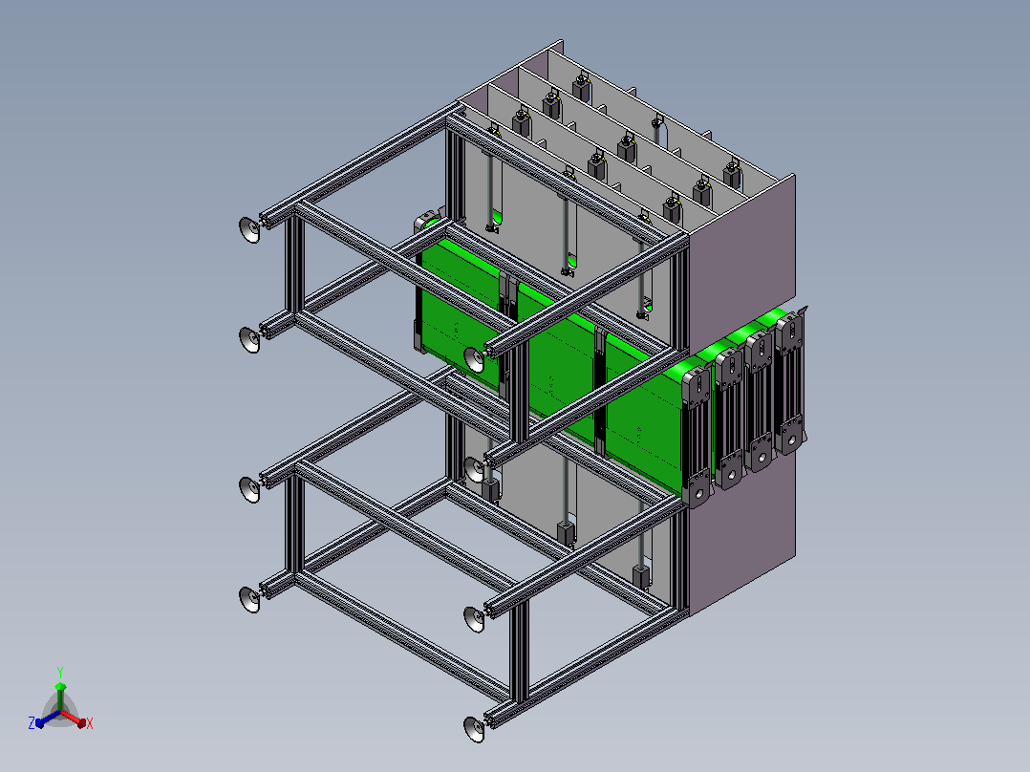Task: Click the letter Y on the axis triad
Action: pyautogui.click(x=60, y=672)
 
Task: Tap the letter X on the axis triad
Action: pyautogui.click(x=90, y=723)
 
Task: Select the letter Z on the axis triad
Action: pyautogui.click(x=32, y=722)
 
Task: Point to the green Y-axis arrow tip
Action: pyautogui.click(x=60, y=686)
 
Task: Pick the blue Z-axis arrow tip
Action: pyautogui.click(x=39, y=722)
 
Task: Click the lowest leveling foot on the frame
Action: pyautogui.click(x=474, y=729)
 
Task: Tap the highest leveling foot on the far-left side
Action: pyautogui.click(x=250, y=229)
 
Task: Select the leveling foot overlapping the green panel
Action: pyautogui.click(x=474, y=358)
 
